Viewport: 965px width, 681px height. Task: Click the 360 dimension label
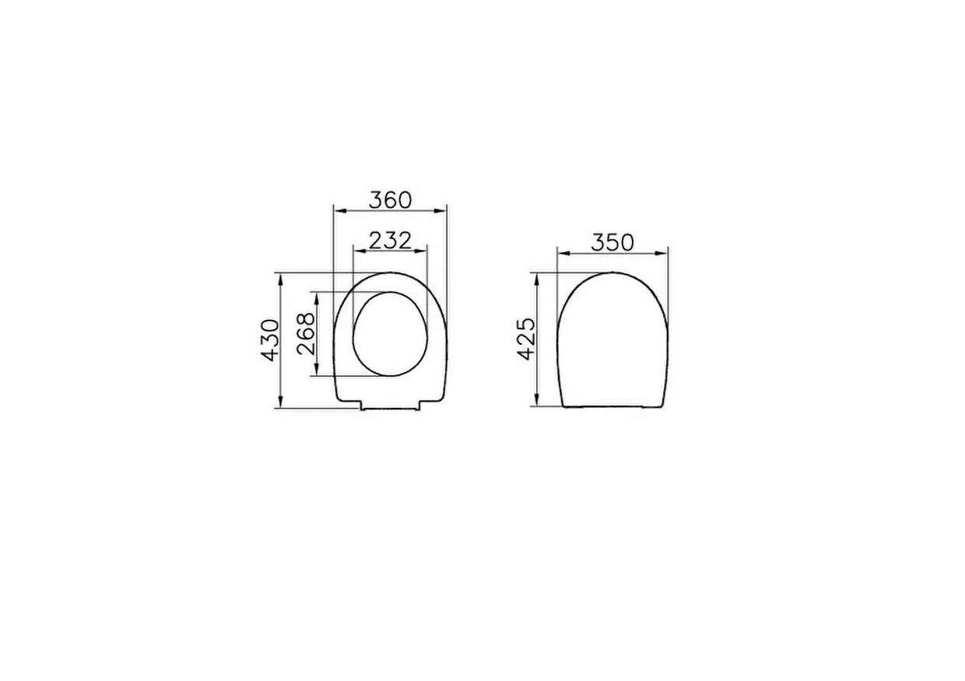click(391, 200)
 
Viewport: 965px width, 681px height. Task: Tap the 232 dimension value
click(391, 240)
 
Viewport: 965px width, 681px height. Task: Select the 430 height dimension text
click(271, 340)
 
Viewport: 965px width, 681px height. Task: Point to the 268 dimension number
click(307, 334)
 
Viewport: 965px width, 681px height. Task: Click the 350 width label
click(612, 243)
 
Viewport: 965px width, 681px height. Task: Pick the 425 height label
click(526, 339)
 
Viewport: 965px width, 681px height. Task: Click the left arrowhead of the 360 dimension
click(340, 211)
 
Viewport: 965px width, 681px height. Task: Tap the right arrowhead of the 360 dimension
click(440, 211)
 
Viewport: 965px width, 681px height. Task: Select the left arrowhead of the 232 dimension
click(360, 251)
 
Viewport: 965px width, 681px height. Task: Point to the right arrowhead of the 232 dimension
click(421, 251)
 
